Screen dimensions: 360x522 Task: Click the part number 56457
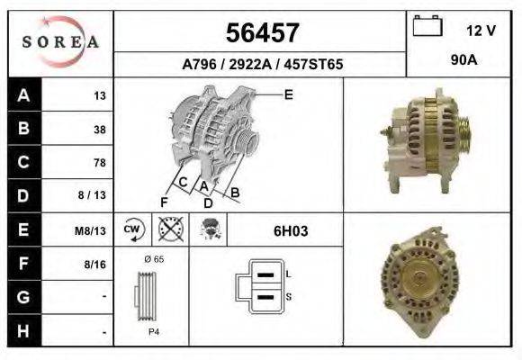pos(261,33)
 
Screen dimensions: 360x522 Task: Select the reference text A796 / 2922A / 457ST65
pos(262,65)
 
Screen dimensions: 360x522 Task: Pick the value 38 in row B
pos(99,129)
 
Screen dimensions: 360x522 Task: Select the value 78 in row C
pos(99,163)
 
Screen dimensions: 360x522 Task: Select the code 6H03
pos(291,231)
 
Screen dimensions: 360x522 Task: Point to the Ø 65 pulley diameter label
pos(154,259)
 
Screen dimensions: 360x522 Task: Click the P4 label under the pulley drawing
pos(154,331)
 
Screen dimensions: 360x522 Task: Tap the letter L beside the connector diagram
pos(287,274)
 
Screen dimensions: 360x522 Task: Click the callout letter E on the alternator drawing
pos(289,94)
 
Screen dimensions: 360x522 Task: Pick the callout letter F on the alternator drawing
pos(164,201)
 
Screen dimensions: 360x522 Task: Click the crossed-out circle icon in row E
pos(166,229)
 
